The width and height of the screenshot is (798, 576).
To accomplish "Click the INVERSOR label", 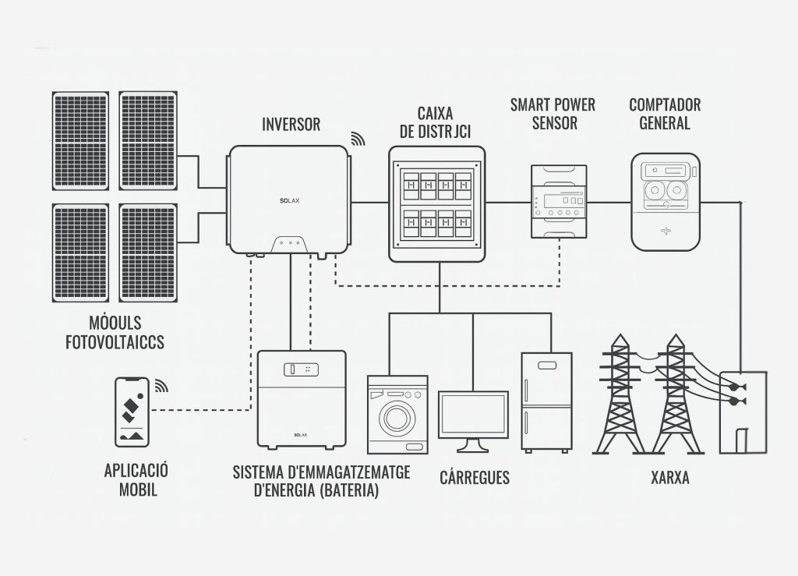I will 291,125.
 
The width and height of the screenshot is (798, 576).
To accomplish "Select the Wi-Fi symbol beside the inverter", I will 358,139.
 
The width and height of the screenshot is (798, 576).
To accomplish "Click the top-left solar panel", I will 81,140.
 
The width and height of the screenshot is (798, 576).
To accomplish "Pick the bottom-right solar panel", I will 147,253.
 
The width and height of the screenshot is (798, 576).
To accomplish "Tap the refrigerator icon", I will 546,402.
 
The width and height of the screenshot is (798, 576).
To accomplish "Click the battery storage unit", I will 301,398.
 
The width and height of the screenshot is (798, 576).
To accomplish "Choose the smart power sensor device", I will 558,202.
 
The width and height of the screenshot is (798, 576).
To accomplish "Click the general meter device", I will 666,202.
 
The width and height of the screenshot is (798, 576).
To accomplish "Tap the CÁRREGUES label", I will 475,477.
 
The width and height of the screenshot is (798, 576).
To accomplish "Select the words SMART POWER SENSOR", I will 553,114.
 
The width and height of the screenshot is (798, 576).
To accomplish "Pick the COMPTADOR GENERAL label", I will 665,114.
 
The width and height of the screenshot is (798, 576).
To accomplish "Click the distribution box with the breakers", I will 436,204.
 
